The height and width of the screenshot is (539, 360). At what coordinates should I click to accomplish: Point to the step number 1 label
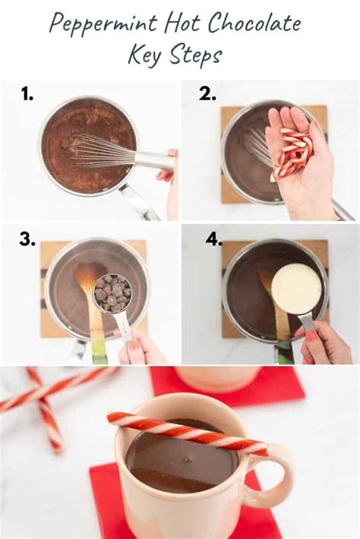(27, 93)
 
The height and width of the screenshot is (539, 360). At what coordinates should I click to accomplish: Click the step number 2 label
(207, 93)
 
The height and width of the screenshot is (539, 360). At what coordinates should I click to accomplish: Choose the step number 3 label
(27, 240)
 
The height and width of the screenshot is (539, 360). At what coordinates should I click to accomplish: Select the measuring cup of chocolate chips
(112, 293)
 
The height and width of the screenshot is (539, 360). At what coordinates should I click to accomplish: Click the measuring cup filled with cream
(296, 289)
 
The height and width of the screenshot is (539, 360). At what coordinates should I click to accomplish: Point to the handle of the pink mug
(282, 475)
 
